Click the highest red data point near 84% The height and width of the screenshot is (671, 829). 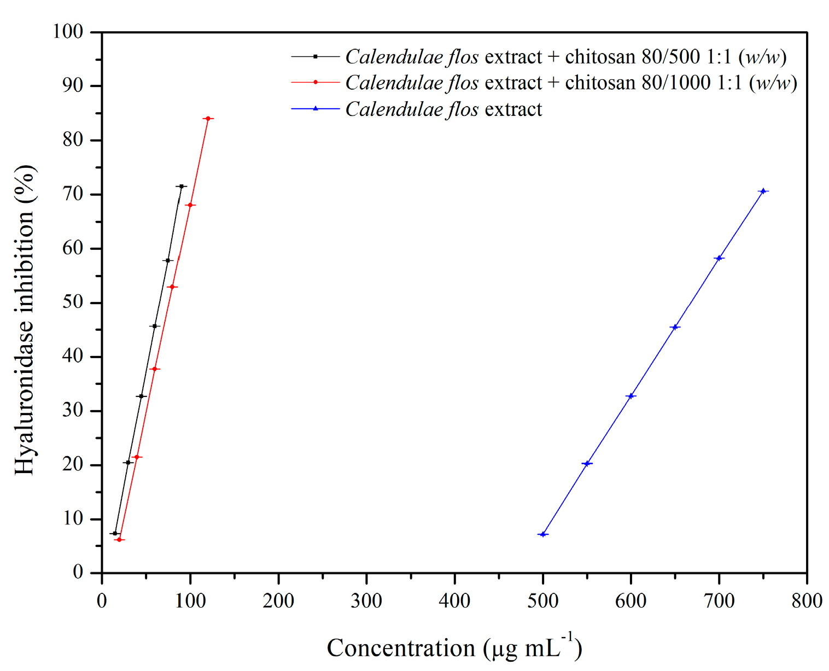pyautogui.click(x=208, y=118)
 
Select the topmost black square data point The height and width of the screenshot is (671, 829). pyautogui.click(x=182, y=186)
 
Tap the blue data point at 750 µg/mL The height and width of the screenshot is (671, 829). pyautogui.click(x=763, y=191)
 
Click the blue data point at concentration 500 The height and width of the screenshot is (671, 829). pyautogui.click(x=542, y=534)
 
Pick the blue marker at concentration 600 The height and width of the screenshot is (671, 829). pyautogui.click(x=631, y=396)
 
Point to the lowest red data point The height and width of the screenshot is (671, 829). pyautogui.click(x=119, y=540)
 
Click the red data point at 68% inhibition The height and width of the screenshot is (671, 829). pyautogui.click(x=190, y=205)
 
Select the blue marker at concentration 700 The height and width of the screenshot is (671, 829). pyautogui.click(x=719, y=258)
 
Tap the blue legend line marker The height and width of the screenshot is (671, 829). pyautogui.click(x=315, y=109)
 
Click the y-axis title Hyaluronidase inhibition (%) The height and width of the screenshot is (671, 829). pyautogui.click(x=25, y=320)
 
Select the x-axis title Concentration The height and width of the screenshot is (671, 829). pyautogui.click(x=454, y=647)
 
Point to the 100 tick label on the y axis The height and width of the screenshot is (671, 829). pyautogui.click(x=68, y=32)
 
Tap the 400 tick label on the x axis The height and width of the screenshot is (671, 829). pyautogui.click(x=454, y=601)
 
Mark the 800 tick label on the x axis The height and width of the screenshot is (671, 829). pyautogui.click(x=807, y=601)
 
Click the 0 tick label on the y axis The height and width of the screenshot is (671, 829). pyautogui.click(x=78, y=572)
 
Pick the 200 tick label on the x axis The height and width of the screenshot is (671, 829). pyautogui.click(x=278, y=601)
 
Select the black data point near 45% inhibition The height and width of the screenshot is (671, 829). pyautogui.click(x=155, y=326)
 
